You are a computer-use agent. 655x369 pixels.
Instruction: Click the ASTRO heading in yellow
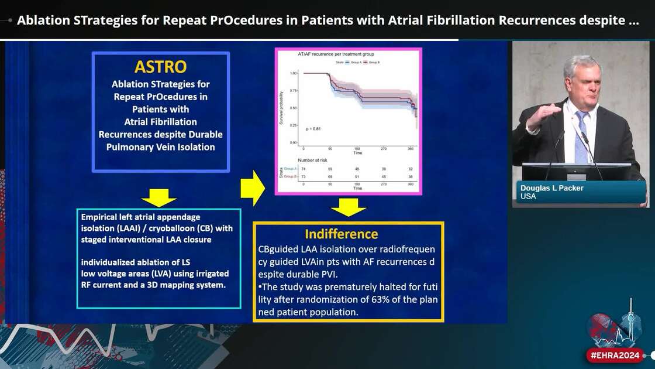pyautogui.click(x=161, y=66)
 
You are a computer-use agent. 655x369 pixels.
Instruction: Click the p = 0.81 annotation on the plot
pyautogui.click(x=313, y=128)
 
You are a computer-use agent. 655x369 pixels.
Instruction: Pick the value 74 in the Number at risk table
pyautogui.click(x=303, y=168)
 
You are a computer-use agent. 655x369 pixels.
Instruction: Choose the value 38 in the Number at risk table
pyautogui.click(x=411, y=176)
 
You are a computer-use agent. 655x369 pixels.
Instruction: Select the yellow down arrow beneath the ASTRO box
pyautogui.click(x=159, y=197)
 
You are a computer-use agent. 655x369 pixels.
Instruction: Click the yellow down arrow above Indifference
pyautogui.click(x=349, y=207)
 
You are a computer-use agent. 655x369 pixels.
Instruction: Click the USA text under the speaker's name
pyautogui.click(x=528, y=197)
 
